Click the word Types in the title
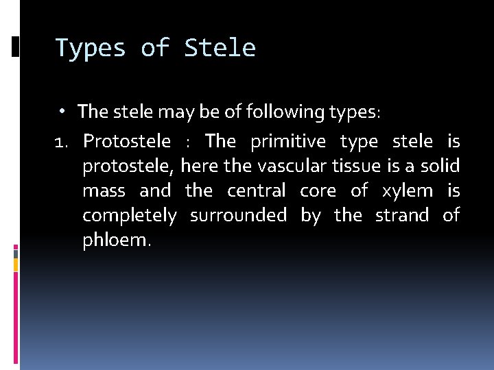tap(91, 49)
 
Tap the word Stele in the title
tap(220, 49)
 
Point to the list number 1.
tap(62, 142)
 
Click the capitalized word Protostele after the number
tap(127, 142)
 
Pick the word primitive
tap(289, 142)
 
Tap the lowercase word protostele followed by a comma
tap(130, 166)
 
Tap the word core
tap(318, 190)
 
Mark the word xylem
tap(408, 190)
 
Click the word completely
tap(129, 215)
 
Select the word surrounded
tap(238, 215)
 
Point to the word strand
tap(401, 215)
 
